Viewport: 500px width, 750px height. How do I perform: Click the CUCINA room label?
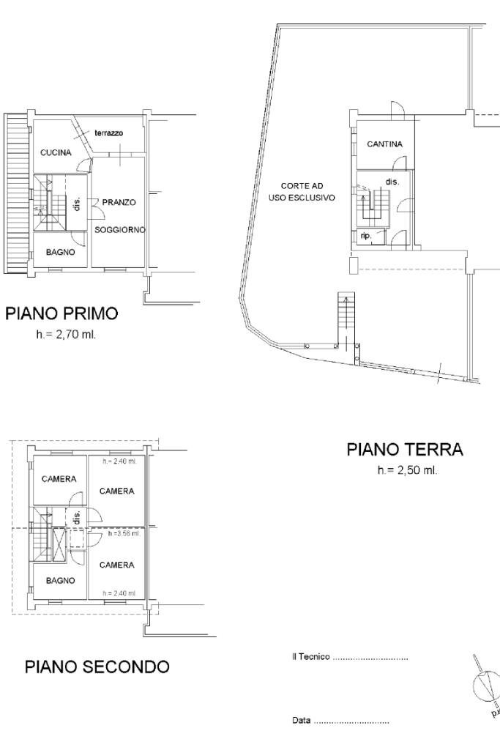tap(56, 152)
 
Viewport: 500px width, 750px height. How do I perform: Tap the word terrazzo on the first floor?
tap(108, 133)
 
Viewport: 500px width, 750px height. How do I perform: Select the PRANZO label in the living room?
tap(119, 201)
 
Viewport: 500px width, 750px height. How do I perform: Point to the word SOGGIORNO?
tap(120, 229)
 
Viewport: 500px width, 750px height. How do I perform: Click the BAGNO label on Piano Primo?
tap(60, 251)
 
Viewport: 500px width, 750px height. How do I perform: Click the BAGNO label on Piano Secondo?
tap(60, 580)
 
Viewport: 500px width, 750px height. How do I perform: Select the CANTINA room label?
tap(384, 144)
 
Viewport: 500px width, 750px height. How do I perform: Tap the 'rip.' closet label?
tap(365, 235)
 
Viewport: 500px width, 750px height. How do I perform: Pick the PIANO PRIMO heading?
tap(61, 313)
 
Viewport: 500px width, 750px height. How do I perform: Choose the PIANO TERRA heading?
tap(405, 449)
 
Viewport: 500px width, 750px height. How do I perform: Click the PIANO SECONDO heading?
tap(97, 667)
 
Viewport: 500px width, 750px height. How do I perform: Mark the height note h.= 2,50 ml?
tap(407, 469)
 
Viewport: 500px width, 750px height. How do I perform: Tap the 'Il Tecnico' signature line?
tap(350, 658)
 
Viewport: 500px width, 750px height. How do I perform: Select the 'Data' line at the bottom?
tap(340, 721)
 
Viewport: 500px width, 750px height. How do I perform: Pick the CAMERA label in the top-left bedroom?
tap(59, 479)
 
